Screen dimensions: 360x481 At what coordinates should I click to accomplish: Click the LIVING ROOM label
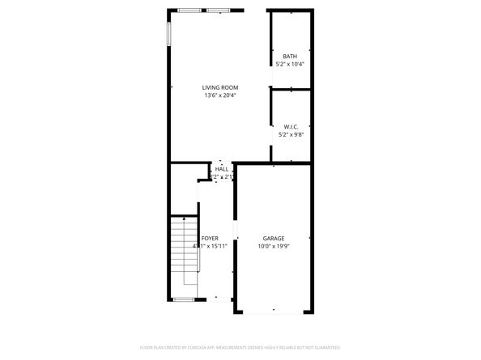219,87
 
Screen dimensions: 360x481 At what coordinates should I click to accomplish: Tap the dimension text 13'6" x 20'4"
219,95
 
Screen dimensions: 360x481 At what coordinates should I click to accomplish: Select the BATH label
289,56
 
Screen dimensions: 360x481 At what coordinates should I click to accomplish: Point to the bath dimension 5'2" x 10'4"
289,64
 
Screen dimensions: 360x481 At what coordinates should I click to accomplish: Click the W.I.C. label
291,126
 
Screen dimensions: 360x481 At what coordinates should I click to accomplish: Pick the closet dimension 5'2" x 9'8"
291,134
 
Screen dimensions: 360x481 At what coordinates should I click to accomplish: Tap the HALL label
221,168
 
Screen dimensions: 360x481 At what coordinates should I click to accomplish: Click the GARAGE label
273,238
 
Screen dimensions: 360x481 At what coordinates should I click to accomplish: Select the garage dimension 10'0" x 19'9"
273,246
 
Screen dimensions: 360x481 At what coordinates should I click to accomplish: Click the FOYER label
210,238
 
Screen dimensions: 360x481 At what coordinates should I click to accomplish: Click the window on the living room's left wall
169,32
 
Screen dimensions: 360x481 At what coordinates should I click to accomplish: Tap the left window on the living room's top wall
190,11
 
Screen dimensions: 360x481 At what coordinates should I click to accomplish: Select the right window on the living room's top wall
218,11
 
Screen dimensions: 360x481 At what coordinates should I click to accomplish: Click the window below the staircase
184,299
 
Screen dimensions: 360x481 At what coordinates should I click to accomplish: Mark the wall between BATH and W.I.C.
289,88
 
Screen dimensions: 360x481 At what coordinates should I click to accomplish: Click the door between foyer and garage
236,234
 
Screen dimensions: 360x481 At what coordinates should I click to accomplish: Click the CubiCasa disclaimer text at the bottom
240,347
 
